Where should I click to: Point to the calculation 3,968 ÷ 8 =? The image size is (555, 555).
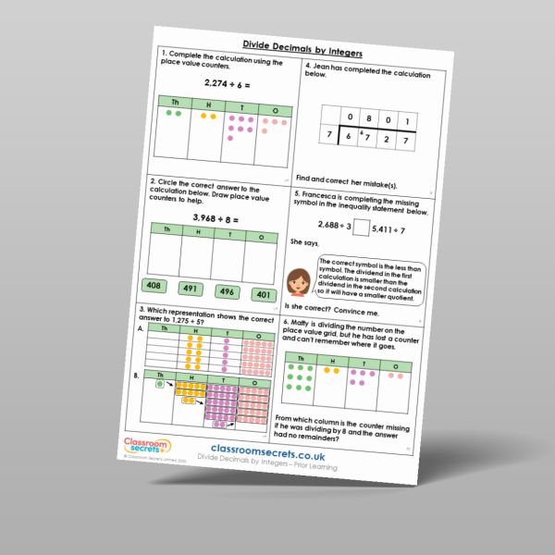216,218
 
